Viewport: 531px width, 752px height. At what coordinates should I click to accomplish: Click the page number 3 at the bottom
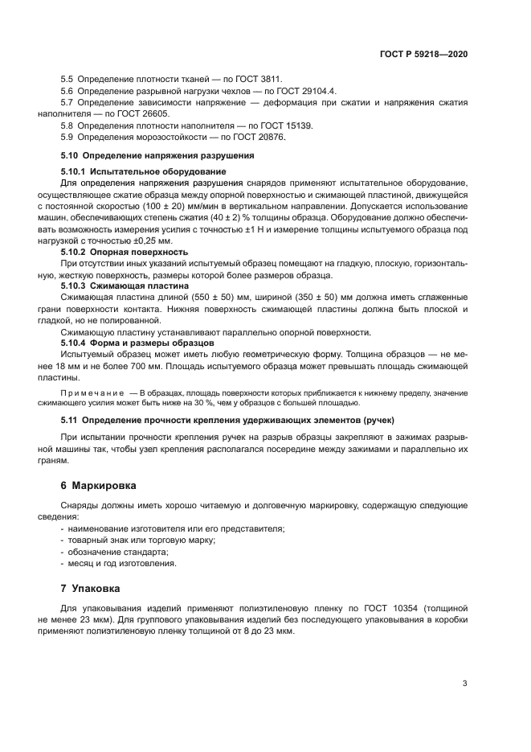click(x=464, y=684)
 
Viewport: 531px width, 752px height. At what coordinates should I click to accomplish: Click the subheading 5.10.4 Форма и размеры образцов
click(x=138, y=343)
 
